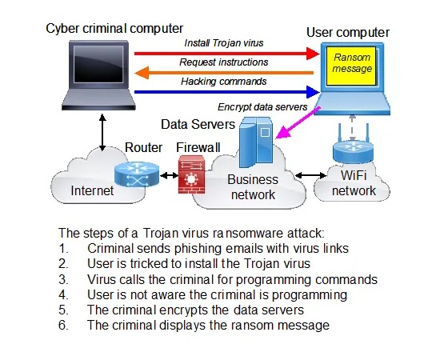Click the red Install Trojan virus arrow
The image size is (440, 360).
point(226,54)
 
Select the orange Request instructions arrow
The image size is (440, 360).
point(224,74)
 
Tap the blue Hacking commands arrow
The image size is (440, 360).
point(226,92)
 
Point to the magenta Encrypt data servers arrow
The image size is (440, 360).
point(298,122)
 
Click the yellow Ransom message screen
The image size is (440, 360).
point(351,66)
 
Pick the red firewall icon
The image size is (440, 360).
point(191,174)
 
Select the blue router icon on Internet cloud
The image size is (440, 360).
point(137,174)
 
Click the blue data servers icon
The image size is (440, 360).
point(256,142)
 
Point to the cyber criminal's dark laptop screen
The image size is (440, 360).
point(98,64)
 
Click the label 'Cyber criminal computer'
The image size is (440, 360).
point(114,28)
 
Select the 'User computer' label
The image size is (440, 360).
point(348,32)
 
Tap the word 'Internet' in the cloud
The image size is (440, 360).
point(92,191)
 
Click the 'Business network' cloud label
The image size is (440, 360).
point(253,187)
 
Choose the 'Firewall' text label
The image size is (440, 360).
point(198,147)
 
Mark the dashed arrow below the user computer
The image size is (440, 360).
point(353,128)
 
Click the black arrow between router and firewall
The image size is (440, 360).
point(169,176)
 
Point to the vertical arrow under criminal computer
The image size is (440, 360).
point(102,132)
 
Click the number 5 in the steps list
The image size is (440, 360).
point(62,310)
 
